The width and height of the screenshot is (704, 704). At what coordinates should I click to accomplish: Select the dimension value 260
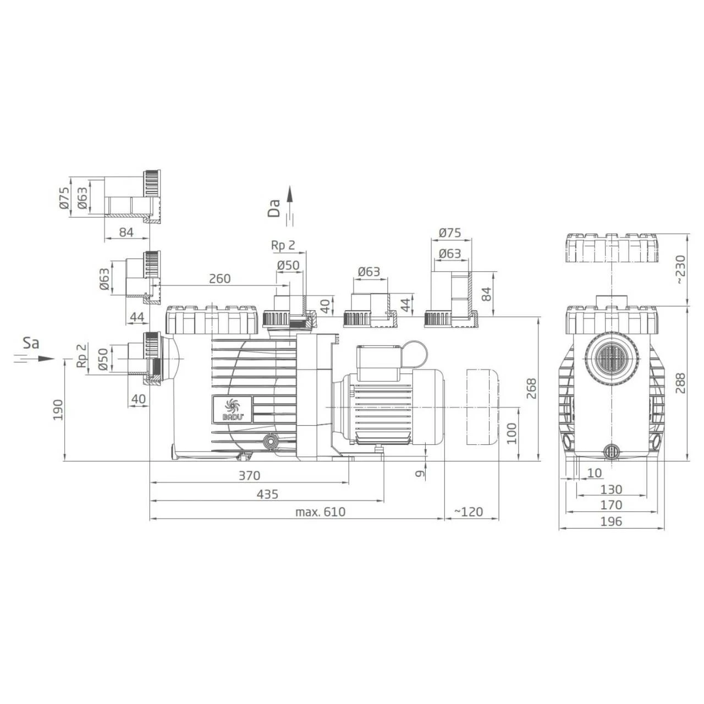(219, 278)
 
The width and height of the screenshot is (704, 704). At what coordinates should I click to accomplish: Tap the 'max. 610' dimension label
(320, 512)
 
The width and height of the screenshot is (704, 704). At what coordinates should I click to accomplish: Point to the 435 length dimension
(267, 494)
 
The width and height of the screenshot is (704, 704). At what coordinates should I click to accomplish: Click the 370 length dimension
(249, 476)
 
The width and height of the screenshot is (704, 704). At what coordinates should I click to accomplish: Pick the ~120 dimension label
(468, 512)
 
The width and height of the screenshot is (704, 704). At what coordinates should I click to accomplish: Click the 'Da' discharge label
(274, 209)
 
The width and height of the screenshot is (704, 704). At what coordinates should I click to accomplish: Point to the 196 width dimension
(611, 521)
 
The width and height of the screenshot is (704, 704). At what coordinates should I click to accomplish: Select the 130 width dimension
(611, 489)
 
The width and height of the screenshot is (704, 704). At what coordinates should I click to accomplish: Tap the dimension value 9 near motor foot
(420, 472)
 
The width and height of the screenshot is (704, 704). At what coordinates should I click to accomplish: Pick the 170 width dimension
(611, 505)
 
